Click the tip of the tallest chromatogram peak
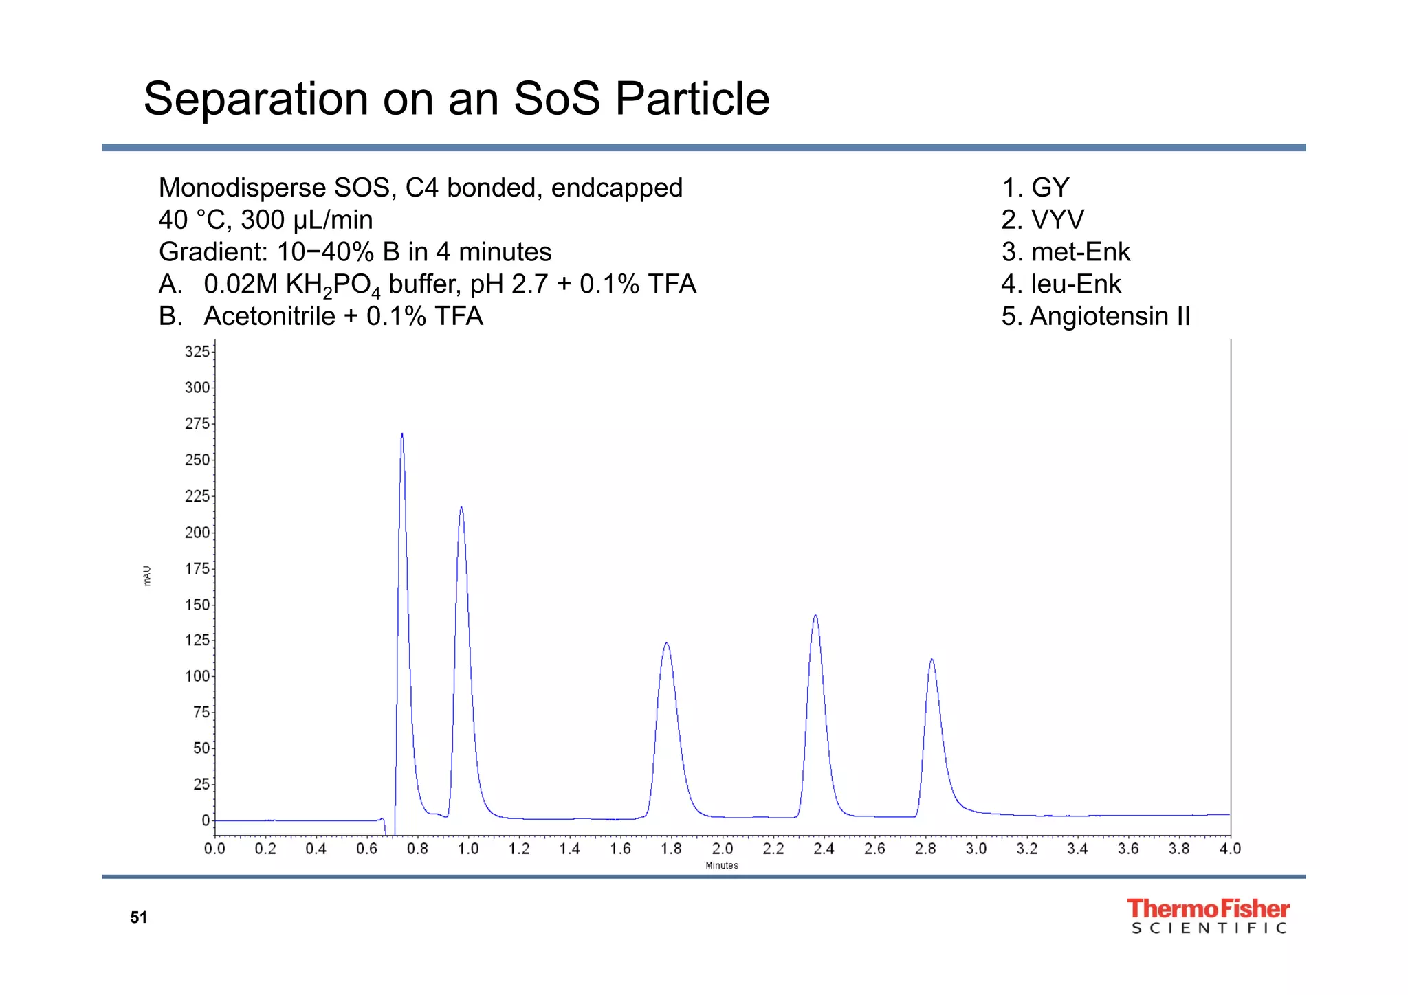[x=402, y=434]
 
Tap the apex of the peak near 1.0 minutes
[x=461, y=508]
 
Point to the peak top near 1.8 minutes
[x=666, y=643]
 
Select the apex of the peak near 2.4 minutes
[x=815, y=616]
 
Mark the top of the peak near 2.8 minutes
[x=932, y=660]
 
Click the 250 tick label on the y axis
[x=197, y=460]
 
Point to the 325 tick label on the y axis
[x=197, y=352]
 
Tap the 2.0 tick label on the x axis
[x=722, y=849]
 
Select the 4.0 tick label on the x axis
[x=1230, y=849]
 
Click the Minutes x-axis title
[x=722, y=866]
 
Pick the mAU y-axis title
[x=147, y=576]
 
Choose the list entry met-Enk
[x=1080, y=252]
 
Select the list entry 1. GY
[x=1036, y=188]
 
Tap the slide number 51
[x=139, y=917]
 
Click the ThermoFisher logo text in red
[x=1208, y=909]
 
